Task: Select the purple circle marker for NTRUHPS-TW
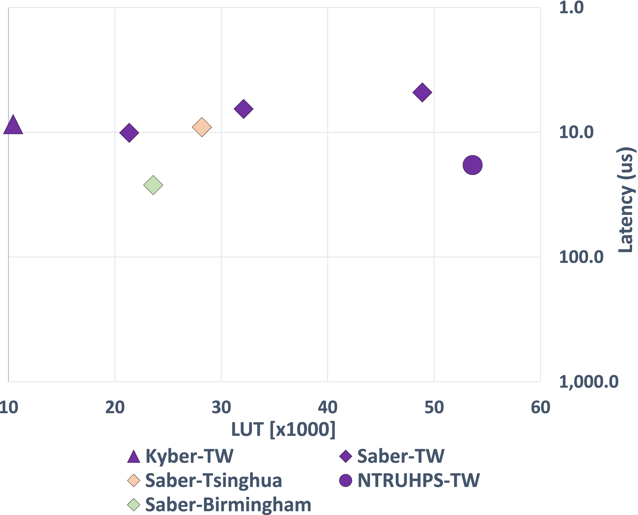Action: [472, 165]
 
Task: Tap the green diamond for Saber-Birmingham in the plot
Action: [153, 185]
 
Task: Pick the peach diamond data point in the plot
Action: [202, 127]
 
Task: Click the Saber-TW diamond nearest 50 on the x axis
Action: [422, 92]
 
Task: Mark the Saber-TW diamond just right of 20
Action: [129, 133]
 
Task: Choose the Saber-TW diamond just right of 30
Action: [243, 109]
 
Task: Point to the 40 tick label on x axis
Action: [327, 408]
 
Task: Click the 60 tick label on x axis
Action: [540, 408]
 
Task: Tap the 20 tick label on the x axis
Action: [115, 408]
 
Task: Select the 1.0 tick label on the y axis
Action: [571, 8]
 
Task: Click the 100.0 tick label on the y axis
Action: [581, 257]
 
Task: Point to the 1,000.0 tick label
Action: [588, 382]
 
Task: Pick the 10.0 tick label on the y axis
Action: [576, 133]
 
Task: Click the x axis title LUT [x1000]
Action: [283, 430]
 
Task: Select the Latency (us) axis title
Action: [625, 200]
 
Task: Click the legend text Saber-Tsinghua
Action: [214, 480]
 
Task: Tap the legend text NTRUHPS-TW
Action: [419, 480]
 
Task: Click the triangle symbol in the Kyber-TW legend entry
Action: [134, 457]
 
